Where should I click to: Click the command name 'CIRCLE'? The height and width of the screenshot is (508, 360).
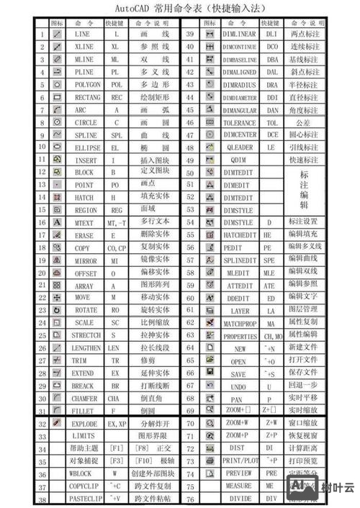[82, 122]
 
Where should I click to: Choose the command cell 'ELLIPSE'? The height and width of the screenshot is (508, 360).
[82, 148]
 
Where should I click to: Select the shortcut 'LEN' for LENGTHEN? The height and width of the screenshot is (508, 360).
[114, 348]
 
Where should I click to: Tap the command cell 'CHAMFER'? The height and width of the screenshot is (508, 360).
[82, 398]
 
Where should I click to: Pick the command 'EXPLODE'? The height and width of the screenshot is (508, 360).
[85, 424]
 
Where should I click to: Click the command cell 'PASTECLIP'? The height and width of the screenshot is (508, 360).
[85, 499]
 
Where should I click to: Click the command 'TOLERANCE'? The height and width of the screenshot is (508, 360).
[239, 122]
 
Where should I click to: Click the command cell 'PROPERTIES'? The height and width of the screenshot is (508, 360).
[240, 336]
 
